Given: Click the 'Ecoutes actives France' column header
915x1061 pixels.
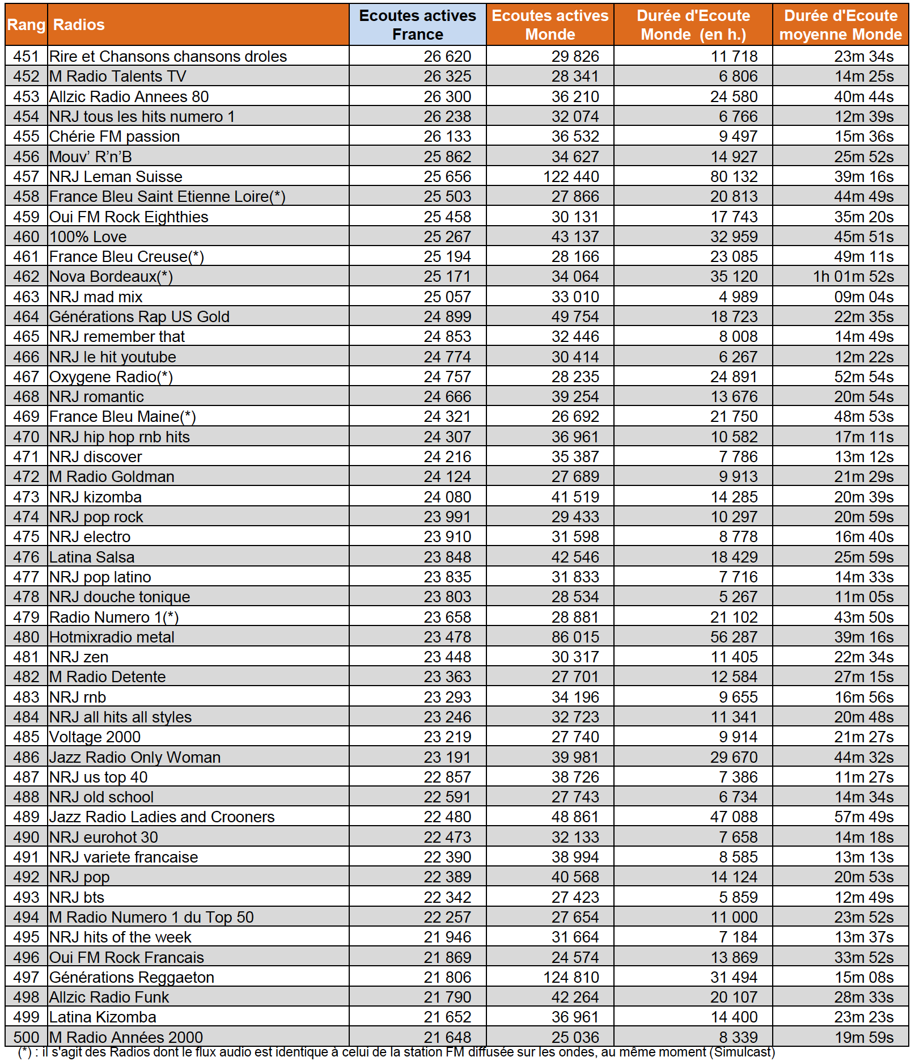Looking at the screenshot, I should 417,25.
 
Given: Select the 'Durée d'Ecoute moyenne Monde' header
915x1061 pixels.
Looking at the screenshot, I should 840,25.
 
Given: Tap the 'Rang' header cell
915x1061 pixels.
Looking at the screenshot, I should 26,25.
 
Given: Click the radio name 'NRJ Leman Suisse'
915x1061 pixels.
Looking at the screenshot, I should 116,176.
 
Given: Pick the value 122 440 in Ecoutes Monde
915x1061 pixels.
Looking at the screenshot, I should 571,176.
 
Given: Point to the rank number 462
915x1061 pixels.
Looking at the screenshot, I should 26,277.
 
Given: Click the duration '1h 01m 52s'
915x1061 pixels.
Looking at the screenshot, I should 853,277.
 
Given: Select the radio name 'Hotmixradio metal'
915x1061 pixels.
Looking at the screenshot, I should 112,637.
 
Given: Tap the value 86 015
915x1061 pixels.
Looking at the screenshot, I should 575,637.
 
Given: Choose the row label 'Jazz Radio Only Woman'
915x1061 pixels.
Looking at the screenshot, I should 135,757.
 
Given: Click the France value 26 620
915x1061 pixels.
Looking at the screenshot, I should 447,57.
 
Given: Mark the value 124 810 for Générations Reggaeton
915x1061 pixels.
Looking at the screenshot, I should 571,977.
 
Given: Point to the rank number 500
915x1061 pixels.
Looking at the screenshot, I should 26,1037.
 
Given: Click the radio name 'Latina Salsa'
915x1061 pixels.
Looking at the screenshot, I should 92,557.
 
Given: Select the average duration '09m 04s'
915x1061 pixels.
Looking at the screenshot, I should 864,297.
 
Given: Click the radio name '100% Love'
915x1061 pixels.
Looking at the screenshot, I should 88,236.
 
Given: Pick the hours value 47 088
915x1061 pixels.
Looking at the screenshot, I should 734,817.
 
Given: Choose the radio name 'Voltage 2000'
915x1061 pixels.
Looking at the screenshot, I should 95,737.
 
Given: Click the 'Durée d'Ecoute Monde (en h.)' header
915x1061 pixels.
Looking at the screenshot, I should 693,25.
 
